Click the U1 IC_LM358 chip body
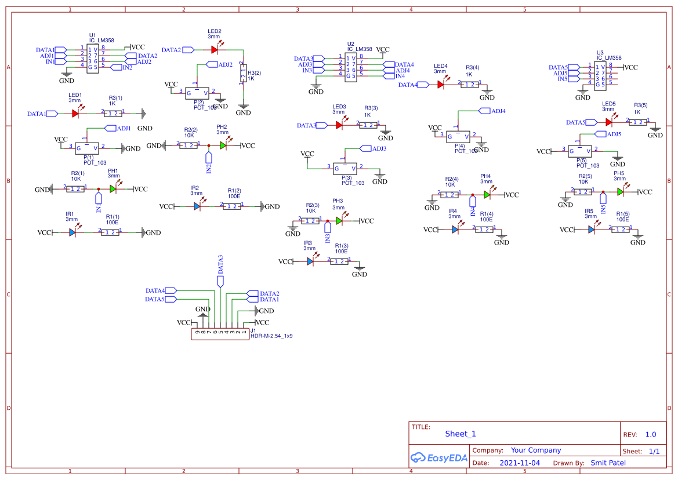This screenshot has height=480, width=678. coord(93,58)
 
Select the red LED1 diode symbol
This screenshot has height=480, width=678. coord(75,114)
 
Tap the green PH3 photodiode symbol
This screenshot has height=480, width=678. coord(339,221)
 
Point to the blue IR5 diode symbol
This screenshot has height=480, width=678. coord(591,230)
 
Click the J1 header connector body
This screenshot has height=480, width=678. coord(220,334)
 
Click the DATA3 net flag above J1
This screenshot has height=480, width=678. coord(220,281)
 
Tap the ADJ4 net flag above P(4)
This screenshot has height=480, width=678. coord(484,111)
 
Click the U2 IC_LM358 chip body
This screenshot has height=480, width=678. coord(351,67)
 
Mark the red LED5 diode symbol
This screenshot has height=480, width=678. coord(608,122)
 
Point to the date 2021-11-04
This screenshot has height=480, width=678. coord(520,463)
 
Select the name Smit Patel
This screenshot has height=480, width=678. coord(608,463)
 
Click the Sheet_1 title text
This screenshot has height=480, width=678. coord(461,434)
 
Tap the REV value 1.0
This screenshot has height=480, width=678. coord(651,434)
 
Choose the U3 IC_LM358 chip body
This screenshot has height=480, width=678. coord(601,75)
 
